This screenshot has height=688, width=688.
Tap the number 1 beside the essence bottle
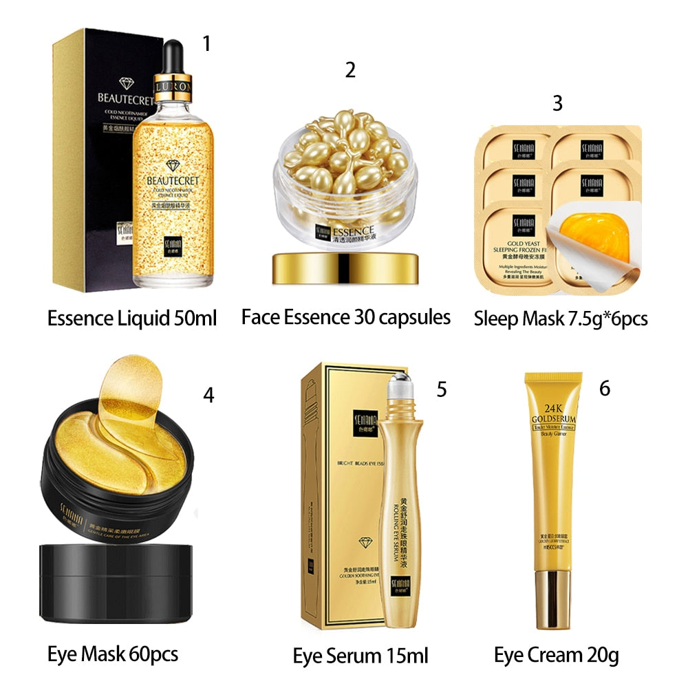(x=206, y=44)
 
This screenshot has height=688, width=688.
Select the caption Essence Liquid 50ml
(x=132, y=319)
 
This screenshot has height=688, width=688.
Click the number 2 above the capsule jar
(x=350, y=69)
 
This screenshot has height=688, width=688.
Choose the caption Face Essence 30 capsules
(x=346, y=317)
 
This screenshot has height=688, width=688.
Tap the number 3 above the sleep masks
(x=557, y=103)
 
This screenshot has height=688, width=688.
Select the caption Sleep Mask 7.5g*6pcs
(x=561, y=319)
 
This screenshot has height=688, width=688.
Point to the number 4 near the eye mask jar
(x=208, y=396)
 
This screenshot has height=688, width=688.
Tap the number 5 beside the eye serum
(x=442, y=389)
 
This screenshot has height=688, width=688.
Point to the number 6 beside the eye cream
(x=604, y=388)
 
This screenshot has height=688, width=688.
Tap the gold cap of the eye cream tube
(x=553, y=599)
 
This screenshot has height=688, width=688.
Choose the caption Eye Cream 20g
(x=556, y=654)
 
